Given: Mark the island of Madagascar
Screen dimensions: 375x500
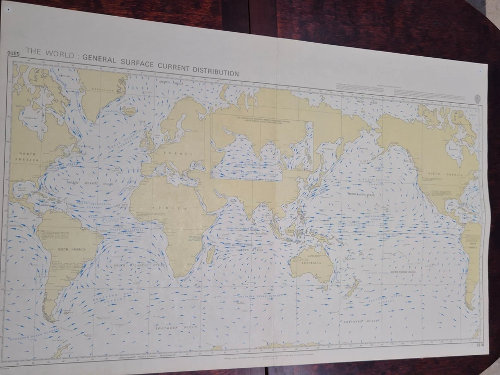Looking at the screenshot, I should pyautogui.click(x=210, y=254).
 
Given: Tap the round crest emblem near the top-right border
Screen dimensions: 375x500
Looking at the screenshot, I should pyautogui.click(x=477, y=98).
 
